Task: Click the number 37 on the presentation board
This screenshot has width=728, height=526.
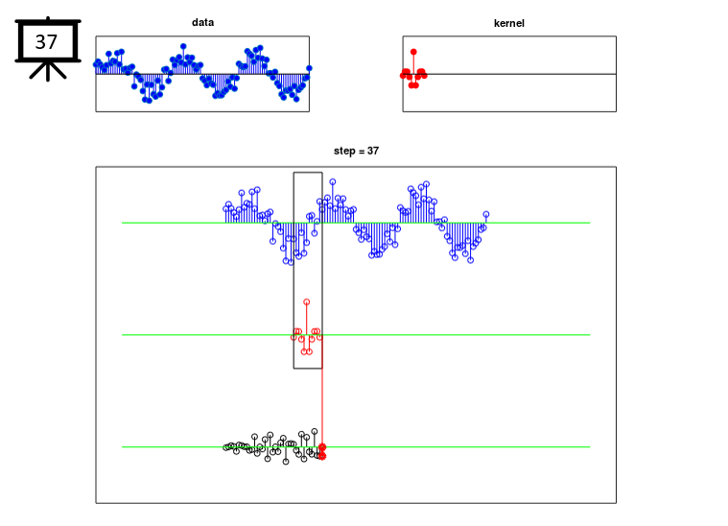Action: point(46,42)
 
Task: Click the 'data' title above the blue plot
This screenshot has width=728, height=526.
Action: point(203,22)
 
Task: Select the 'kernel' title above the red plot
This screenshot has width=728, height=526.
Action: point(509,23)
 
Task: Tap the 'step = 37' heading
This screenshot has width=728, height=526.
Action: point(356,151)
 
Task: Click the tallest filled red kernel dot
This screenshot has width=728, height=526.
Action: point(413,52)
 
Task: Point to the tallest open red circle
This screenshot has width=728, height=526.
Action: point(306,302)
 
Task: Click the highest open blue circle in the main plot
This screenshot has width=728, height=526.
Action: point(333,181)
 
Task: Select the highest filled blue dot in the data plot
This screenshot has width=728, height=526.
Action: point(183,46)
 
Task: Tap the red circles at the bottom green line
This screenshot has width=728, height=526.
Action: point(322,452)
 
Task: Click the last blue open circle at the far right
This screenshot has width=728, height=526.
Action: point(486,214)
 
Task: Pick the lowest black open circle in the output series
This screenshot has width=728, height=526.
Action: point(286,462)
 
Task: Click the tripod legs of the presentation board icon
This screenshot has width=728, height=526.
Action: point(48,71)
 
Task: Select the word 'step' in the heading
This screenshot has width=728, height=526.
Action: point(344,152)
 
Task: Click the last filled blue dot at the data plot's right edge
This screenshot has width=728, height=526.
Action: point(309,68)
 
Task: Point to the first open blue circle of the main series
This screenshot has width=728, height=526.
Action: point(226,208)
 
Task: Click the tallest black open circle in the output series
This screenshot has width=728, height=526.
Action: point(315,431)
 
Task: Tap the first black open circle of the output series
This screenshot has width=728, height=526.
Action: point(226,447)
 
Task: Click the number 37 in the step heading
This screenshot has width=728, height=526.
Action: point(373,151)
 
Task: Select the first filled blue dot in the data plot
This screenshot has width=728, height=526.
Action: point(97,63)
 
